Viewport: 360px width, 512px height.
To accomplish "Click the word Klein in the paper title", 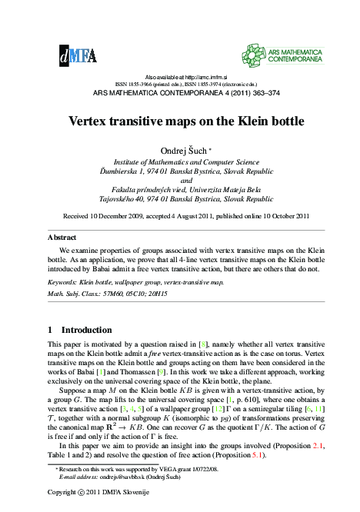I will [244, 122].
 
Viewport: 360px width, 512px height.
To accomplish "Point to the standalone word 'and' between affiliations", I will [180, 181].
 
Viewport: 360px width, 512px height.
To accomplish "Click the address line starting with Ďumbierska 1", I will [180, 171].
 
